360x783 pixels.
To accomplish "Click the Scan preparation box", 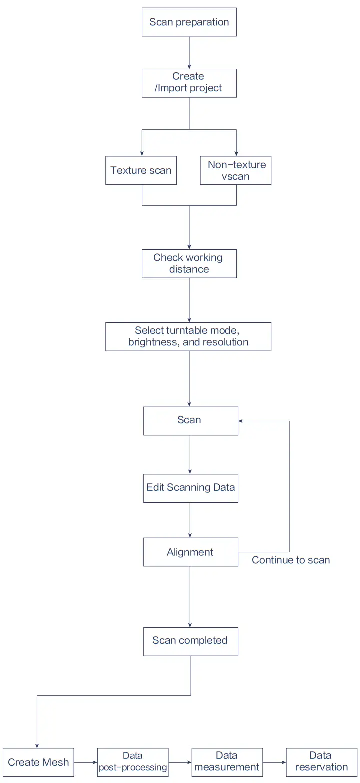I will coord(189,22).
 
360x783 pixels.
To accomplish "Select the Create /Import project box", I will coord(189,83).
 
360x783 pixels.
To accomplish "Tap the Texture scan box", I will coord(141,171).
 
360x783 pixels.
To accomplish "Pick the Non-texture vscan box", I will coord(236,171).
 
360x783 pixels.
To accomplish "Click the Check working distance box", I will coord(189,264).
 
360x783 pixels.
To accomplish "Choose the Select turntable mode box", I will coord(188,336).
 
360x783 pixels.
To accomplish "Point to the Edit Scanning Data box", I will coord(190,488).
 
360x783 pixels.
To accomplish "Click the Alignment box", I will coord(190,552).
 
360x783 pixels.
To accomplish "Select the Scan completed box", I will coord(190,641).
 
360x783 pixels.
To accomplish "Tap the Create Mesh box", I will coord(38,762).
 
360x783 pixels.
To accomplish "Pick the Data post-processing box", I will coord(133,762).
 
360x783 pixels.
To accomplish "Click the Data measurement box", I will coord(227,762).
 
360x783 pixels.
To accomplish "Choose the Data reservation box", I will coord(321,762).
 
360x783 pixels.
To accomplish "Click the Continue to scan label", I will coord(291,560).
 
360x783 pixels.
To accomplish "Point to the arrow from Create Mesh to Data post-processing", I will coord(85,762).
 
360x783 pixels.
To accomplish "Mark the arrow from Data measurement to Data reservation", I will coord(274,762).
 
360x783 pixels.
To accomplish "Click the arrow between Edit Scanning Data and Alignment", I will coord(190,520).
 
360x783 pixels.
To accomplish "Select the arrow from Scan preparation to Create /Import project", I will coord(189,52).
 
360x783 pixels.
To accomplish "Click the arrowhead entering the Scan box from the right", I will coord(241,421).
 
